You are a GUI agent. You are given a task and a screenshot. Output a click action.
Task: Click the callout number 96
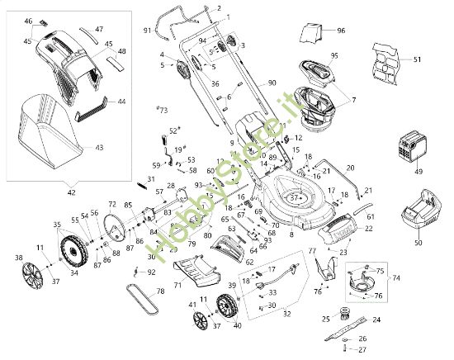pyautogui.click(x=340, y=31)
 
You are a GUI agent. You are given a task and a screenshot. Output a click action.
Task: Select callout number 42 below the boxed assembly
pyautogui.click(x=71, y=192)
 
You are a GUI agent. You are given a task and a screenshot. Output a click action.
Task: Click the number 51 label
pyautogui.click(x=417, y=59)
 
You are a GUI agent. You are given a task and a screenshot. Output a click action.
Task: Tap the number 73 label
pyautogui.click(x=163, y=109)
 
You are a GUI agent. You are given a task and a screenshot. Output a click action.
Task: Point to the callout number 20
pyautogui.click(x=350, y=168)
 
